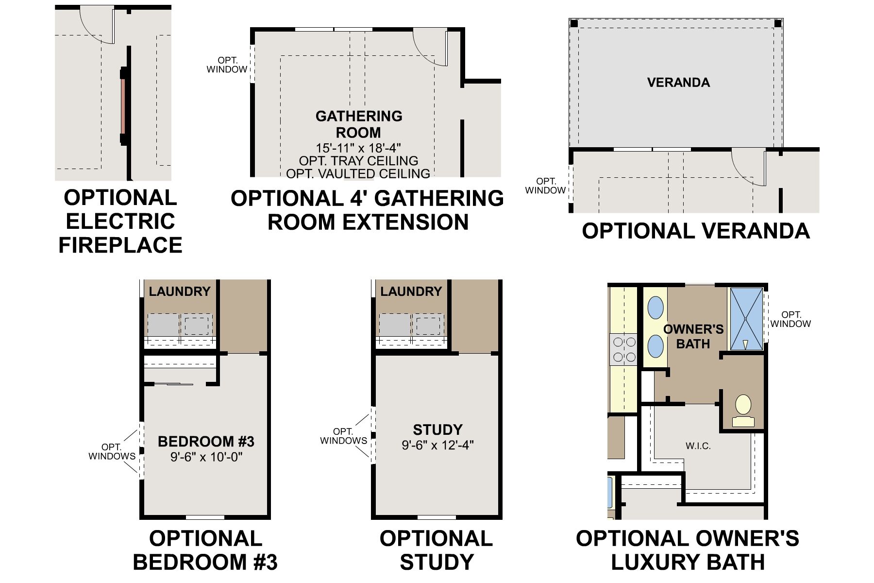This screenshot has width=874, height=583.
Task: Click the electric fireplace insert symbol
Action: point(123,106)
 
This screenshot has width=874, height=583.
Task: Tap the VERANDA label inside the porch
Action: point(678,83)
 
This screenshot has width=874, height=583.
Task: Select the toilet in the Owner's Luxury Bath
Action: point(743,411)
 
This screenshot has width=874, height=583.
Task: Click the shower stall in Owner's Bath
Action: point(746,318)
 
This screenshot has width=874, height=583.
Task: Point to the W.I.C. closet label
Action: point(698,446)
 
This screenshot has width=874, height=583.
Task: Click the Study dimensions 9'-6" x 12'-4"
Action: point(437,445)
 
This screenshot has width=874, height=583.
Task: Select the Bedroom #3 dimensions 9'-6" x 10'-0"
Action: point(206,457)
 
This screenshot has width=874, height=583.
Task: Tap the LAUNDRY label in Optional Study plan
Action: point(411,291)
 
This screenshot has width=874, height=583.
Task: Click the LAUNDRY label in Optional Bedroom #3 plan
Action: point(179,291)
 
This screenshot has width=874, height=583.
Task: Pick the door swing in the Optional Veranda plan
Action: point(748,168)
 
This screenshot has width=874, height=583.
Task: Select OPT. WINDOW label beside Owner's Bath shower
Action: point(790,319)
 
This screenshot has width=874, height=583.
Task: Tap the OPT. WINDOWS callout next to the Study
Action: point(343,436)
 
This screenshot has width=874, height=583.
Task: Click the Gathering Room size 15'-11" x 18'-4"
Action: point(358,148)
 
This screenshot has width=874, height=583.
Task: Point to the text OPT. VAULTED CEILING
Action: point(358,173)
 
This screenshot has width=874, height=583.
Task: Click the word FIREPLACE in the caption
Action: point(120,245)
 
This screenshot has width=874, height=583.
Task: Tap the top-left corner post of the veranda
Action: point(574,23)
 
